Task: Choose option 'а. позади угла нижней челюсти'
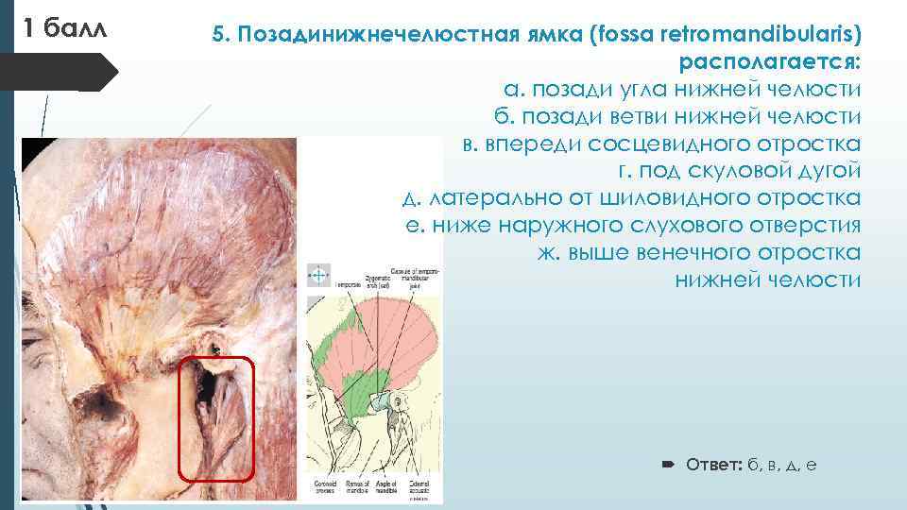click(682, 90)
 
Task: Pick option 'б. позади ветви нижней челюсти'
click(676, 117)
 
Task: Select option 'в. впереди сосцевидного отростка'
click(661, 144)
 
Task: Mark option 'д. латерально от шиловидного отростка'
click(631, 198)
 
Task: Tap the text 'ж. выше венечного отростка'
click(699, 253)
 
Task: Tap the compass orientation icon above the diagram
click(318, 275)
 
